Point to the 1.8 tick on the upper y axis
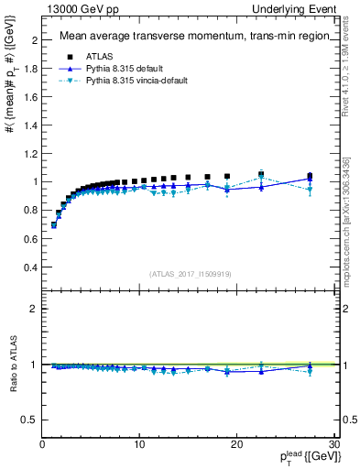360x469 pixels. click(30, 69)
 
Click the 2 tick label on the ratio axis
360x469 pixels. click(34, 309)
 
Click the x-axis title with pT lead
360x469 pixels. click(302, 457)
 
